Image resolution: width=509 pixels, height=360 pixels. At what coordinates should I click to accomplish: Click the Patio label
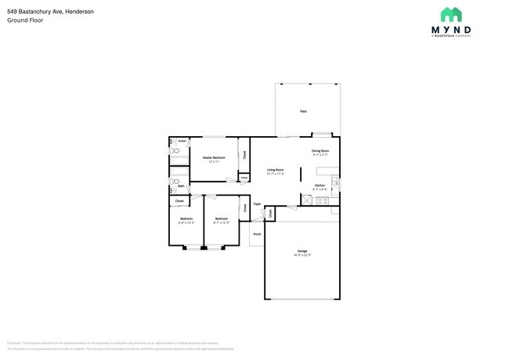(x=303, y=111)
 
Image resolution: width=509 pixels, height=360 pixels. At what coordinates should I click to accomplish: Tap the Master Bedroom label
(x=214, y=157)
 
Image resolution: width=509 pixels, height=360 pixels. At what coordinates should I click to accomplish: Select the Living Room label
(x=275, y=170)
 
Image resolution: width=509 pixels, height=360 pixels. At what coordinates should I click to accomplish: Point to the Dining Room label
(x=320, y=150)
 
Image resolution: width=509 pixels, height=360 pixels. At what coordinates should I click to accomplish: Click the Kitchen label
(x=319, y=185)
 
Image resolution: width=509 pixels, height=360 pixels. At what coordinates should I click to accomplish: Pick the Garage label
(x=302, y=251)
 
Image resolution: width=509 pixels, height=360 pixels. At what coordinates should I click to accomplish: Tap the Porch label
(x=256, y=232)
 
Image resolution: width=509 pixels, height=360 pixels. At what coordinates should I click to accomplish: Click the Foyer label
(x=256, y=203)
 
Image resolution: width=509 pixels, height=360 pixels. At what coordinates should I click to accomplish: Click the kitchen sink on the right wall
(x=335, y=184)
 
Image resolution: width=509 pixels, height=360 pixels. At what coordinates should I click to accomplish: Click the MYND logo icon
(x=450, y=14)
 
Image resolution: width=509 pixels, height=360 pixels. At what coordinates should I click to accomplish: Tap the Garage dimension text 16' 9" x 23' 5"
(x=302, y=255)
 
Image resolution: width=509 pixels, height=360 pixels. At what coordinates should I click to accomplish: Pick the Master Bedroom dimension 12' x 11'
(x=214, y=161)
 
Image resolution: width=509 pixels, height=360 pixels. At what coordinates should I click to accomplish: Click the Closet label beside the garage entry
(x=270, y=213)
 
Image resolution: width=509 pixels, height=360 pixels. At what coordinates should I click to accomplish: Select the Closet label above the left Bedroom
(x=179, y=201)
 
